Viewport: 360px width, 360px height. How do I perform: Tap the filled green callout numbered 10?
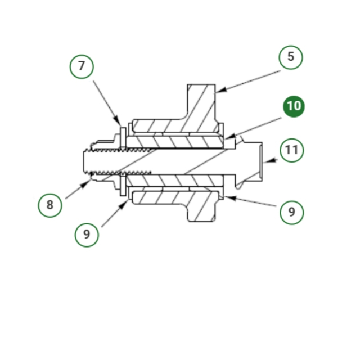pyautogui.click(x=294, y=106)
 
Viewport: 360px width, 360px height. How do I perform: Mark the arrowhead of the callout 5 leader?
pyautogui.click(x=221, y=90)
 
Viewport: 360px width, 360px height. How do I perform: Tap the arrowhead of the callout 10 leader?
pyautogui.click(x=230, y=136)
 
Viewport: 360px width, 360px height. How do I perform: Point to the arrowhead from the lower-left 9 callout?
pyautogui.click(x=123, y=205)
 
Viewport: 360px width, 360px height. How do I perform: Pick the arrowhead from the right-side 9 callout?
pyautogui.click(x=230, y=198)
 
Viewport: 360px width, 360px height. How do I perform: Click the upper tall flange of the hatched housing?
pyautogui.click(x=201, y=101)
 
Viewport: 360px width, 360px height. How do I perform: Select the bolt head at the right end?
pyautogui.click(x=249, y=161)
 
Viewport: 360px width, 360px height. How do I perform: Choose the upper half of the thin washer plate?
pyautogui.click(x=123, y=137)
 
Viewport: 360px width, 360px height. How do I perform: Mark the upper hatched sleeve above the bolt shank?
pyautogui.click(x=175, y=142)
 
